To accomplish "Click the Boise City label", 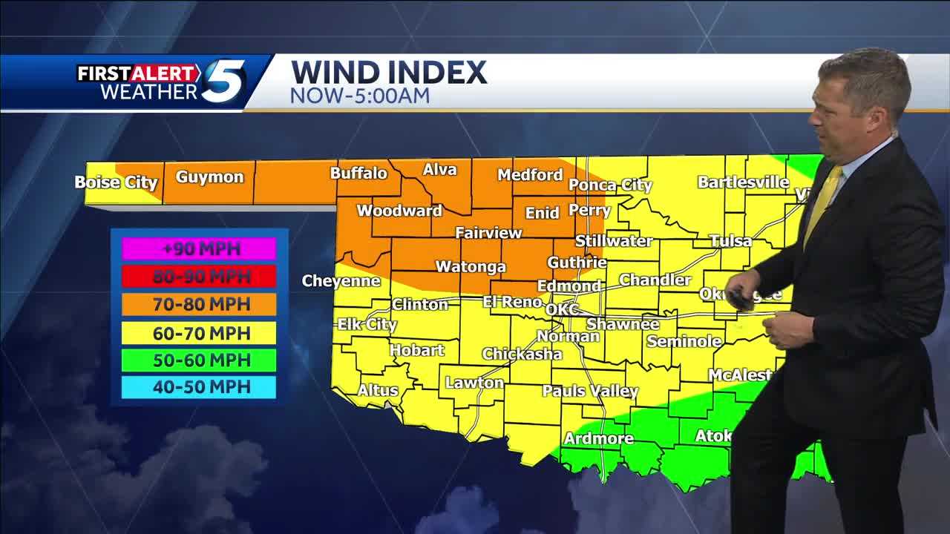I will (116, 182).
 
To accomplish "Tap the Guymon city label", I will (209, 177).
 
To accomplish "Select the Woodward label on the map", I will (399, 211).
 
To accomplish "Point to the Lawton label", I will (474, 383).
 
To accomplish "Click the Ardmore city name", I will (598, 438).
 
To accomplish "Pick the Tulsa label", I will (730, 241).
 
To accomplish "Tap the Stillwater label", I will (614, 241).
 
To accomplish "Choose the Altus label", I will (378, 390).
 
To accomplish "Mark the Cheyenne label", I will (341, 281).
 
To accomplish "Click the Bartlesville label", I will (743, 182).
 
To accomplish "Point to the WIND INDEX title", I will (389, 73).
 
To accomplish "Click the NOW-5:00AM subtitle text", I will (359, 96).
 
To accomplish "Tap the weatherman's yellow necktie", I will (824, 205).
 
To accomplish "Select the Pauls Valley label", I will (590, 391).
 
